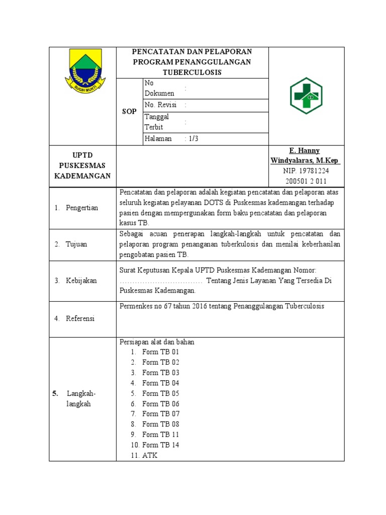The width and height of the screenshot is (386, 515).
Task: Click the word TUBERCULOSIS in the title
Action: (x=192, y=72)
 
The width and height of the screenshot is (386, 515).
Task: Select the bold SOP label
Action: (x=129, y=112)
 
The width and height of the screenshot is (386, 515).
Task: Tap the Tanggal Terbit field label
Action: (x=157, y=122)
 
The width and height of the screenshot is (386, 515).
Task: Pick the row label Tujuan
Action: (x=76, y=244)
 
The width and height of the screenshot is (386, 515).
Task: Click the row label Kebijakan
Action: (x=81, y=281)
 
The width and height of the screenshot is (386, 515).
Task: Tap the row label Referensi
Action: (x=80, y=318)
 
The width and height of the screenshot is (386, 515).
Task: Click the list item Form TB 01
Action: (x=160, y=352)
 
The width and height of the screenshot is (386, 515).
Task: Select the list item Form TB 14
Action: (x=160, y=445)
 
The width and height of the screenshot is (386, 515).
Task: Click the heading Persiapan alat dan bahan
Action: (x=157, y=342)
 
